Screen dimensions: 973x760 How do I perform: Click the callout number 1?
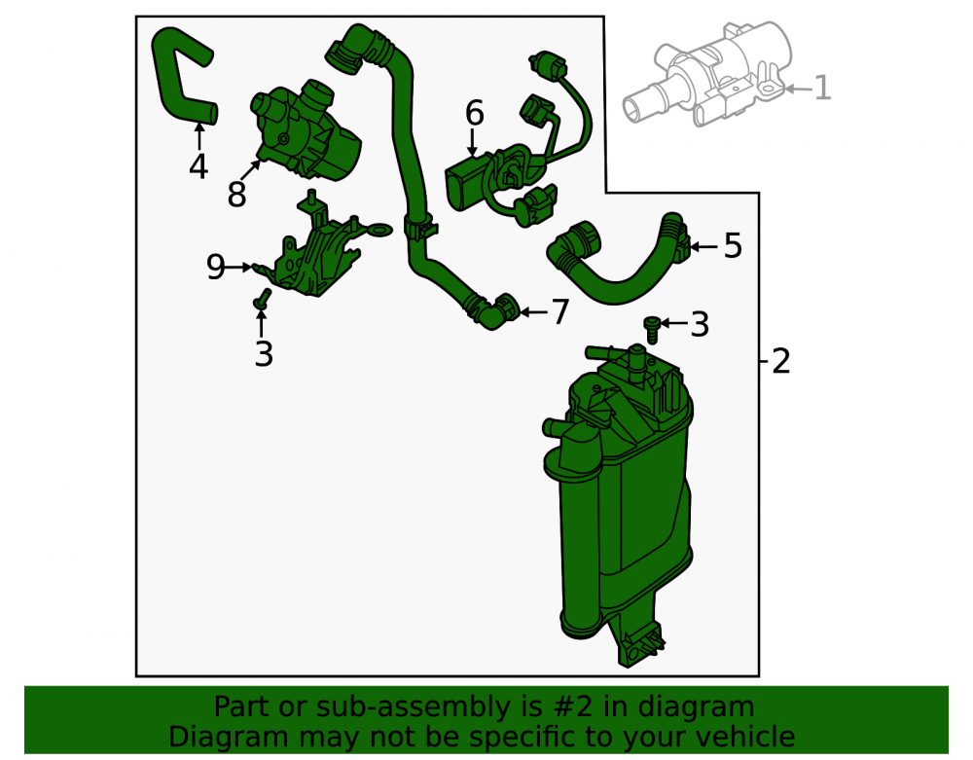point(821,88)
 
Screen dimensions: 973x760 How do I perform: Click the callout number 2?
point(780,360)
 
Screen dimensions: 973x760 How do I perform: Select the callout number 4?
point(198,166)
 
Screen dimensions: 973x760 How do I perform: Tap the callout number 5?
point(733,245)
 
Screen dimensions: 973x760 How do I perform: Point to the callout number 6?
point(475,113)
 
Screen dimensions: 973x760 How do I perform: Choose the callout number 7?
point(559,311)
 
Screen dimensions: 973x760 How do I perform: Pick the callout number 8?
point(237,195)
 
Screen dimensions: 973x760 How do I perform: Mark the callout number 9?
point(215,267)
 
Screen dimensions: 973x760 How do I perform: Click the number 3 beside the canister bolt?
point(700,324)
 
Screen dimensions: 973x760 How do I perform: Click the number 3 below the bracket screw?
point(264,353)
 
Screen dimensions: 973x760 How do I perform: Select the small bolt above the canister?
point(652,329)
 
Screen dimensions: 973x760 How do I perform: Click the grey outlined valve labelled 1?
point(707,75)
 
